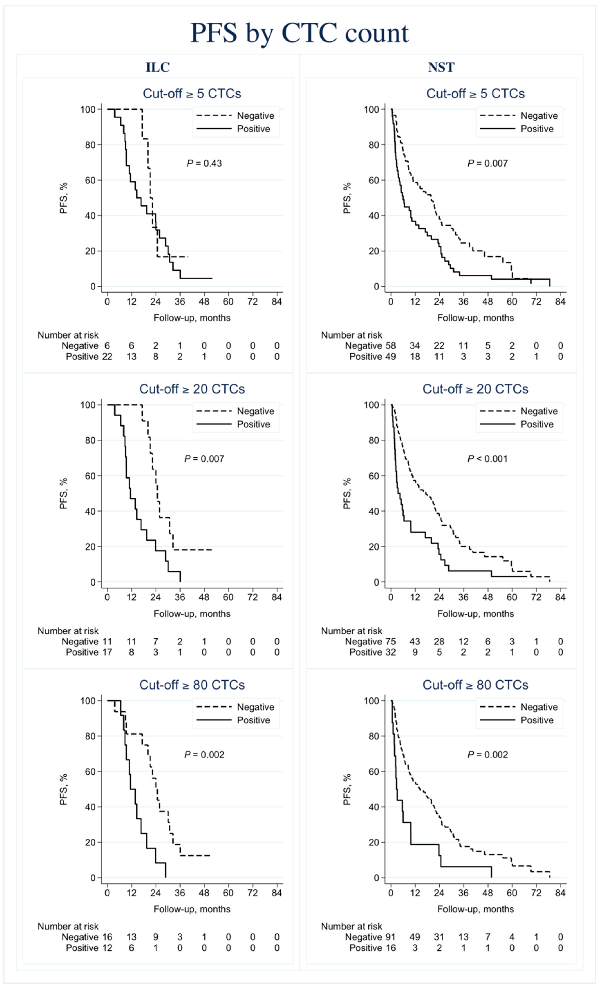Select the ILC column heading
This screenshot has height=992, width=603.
click(x=158, y=67)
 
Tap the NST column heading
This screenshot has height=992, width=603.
click(x=441, y=67)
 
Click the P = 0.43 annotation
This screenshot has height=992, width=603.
click(x=204, y=164)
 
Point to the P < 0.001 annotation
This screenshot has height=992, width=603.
click(x=487, y=459)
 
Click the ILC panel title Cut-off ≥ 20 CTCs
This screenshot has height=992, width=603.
click(x=192, y=389)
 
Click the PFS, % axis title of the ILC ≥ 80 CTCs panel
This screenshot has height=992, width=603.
click(x=64, y=790)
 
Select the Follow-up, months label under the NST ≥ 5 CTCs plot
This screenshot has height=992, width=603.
click(x=475, y=318)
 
